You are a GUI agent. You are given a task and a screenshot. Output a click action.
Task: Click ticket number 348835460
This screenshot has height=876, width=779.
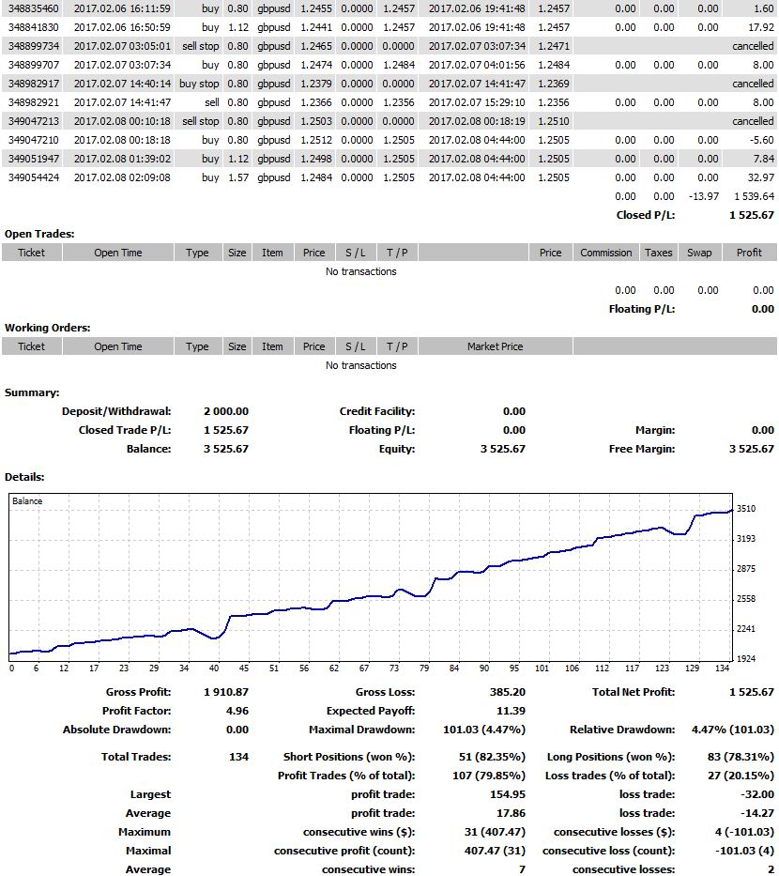tap(33, 8)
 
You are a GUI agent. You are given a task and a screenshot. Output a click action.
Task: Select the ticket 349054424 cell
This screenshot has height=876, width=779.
tap(33, 177)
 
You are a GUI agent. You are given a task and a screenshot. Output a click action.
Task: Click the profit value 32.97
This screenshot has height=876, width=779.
tap(761, 177)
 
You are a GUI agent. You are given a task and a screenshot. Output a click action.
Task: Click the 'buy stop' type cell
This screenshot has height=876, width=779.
tap(199, 84)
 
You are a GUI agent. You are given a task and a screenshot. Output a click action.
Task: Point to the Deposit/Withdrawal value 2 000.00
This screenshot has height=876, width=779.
tap(226, 411)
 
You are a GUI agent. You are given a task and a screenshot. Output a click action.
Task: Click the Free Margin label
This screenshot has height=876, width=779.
tap(641, 449)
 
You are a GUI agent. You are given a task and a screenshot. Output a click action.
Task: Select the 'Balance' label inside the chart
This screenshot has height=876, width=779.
tap(27, 501)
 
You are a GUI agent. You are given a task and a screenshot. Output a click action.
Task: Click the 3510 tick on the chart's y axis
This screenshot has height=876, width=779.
tap(746, 509)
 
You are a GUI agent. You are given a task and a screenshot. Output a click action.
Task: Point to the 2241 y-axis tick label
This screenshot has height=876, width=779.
tap(746, 629)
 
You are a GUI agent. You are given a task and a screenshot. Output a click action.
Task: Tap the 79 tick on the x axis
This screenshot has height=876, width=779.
tap(424, 669)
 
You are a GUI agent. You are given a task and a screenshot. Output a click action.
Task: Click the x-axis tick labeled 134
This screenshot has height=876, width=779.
tap(723, 669)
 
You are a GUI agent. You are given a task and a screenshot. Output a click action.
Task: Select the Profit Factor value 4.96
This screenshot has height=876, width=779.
tap(237, 711)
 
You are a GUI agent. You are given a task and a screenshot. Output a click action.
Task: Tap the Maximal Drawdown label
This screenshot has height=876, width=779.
tap(361, 730)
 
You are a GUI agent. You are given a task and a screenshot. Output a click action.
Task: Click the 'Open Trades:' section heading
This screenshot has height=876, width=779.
tap(39, 234)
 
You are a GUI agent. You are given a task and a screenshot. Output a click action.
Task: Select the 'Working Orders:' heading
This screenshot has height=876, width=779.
tap(48, 328)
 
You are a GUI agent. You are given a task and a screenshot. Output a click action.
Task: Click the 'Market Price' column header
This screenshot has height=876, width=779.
tap(495, 346)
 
